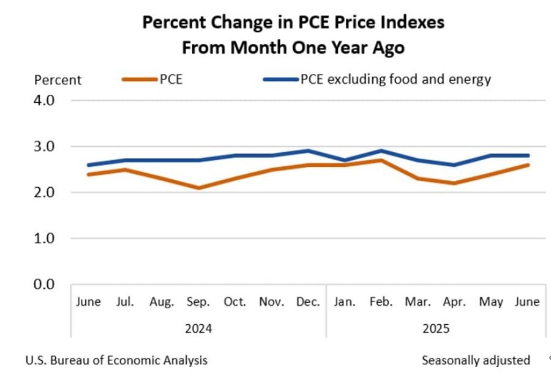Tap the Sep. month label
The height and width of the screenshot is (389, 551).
198,302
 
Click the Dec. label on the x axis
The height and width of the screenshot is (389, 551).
307,302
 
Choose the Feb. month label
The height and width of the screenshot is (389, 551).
381,302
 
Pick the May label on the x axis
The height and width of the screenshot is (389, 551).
492,302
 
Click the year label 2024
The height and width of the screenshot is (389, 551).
198,328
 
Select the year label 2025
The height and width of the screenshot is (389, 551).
436,328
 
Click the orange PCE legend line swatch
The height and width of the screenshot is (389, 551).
140,80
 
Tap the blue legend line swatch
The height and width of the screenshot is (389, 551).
280,80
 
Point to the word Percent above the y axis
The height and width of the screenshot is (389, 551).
58,80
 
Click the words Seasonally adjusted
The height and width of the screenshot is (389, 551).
476,360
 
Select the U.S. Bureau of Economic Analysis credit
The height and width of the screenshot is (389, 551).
116,360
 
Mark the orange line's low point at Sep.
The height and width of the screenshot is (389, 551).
198,188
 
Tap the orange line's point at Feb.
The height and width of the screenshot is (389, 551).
381,160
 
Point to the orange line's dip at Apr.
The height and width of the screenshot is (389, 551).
455,183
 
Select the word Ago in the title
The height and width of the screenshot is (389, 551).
388,48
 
